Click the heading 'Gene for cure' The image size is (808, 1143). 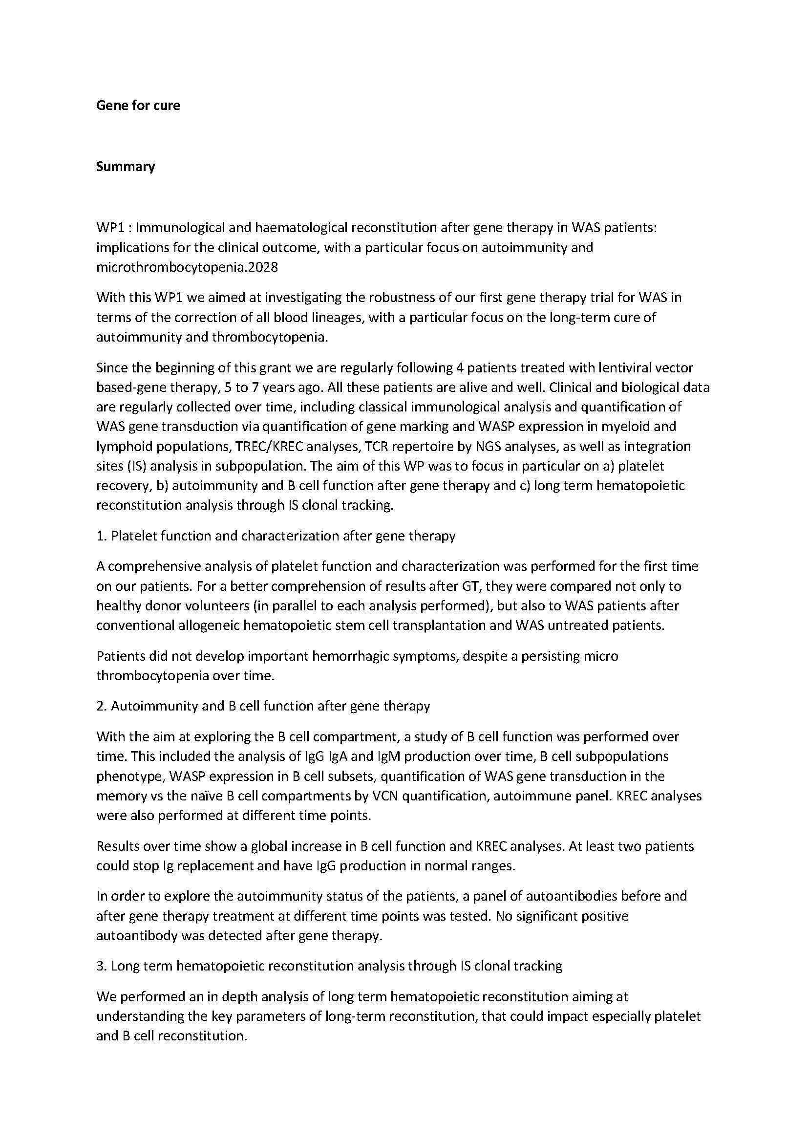pyautogui.click(x=138, y=106)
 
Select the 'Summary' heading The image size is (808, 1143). pyautogui.click(x=126, y=166)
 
